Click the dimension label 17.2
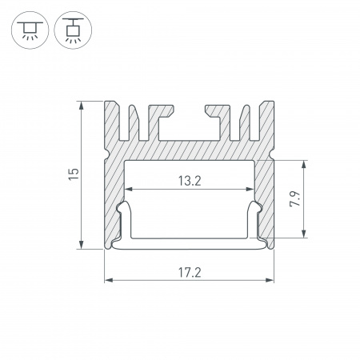(190, 273)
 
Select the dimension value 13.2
(190, 181)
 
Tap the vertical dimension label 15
(74, 174)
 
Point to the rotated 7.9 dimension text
(295, 198)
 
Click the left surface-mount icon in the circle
(30, 30)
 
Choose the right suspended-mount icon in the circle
(73, 30)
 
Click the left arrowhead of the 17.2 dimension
(109, 280)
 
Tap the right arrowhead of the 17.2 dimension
(270, 280)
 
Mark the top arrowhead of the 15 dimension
(82, 106)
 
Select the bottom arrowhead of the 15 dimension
(82, 245)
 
